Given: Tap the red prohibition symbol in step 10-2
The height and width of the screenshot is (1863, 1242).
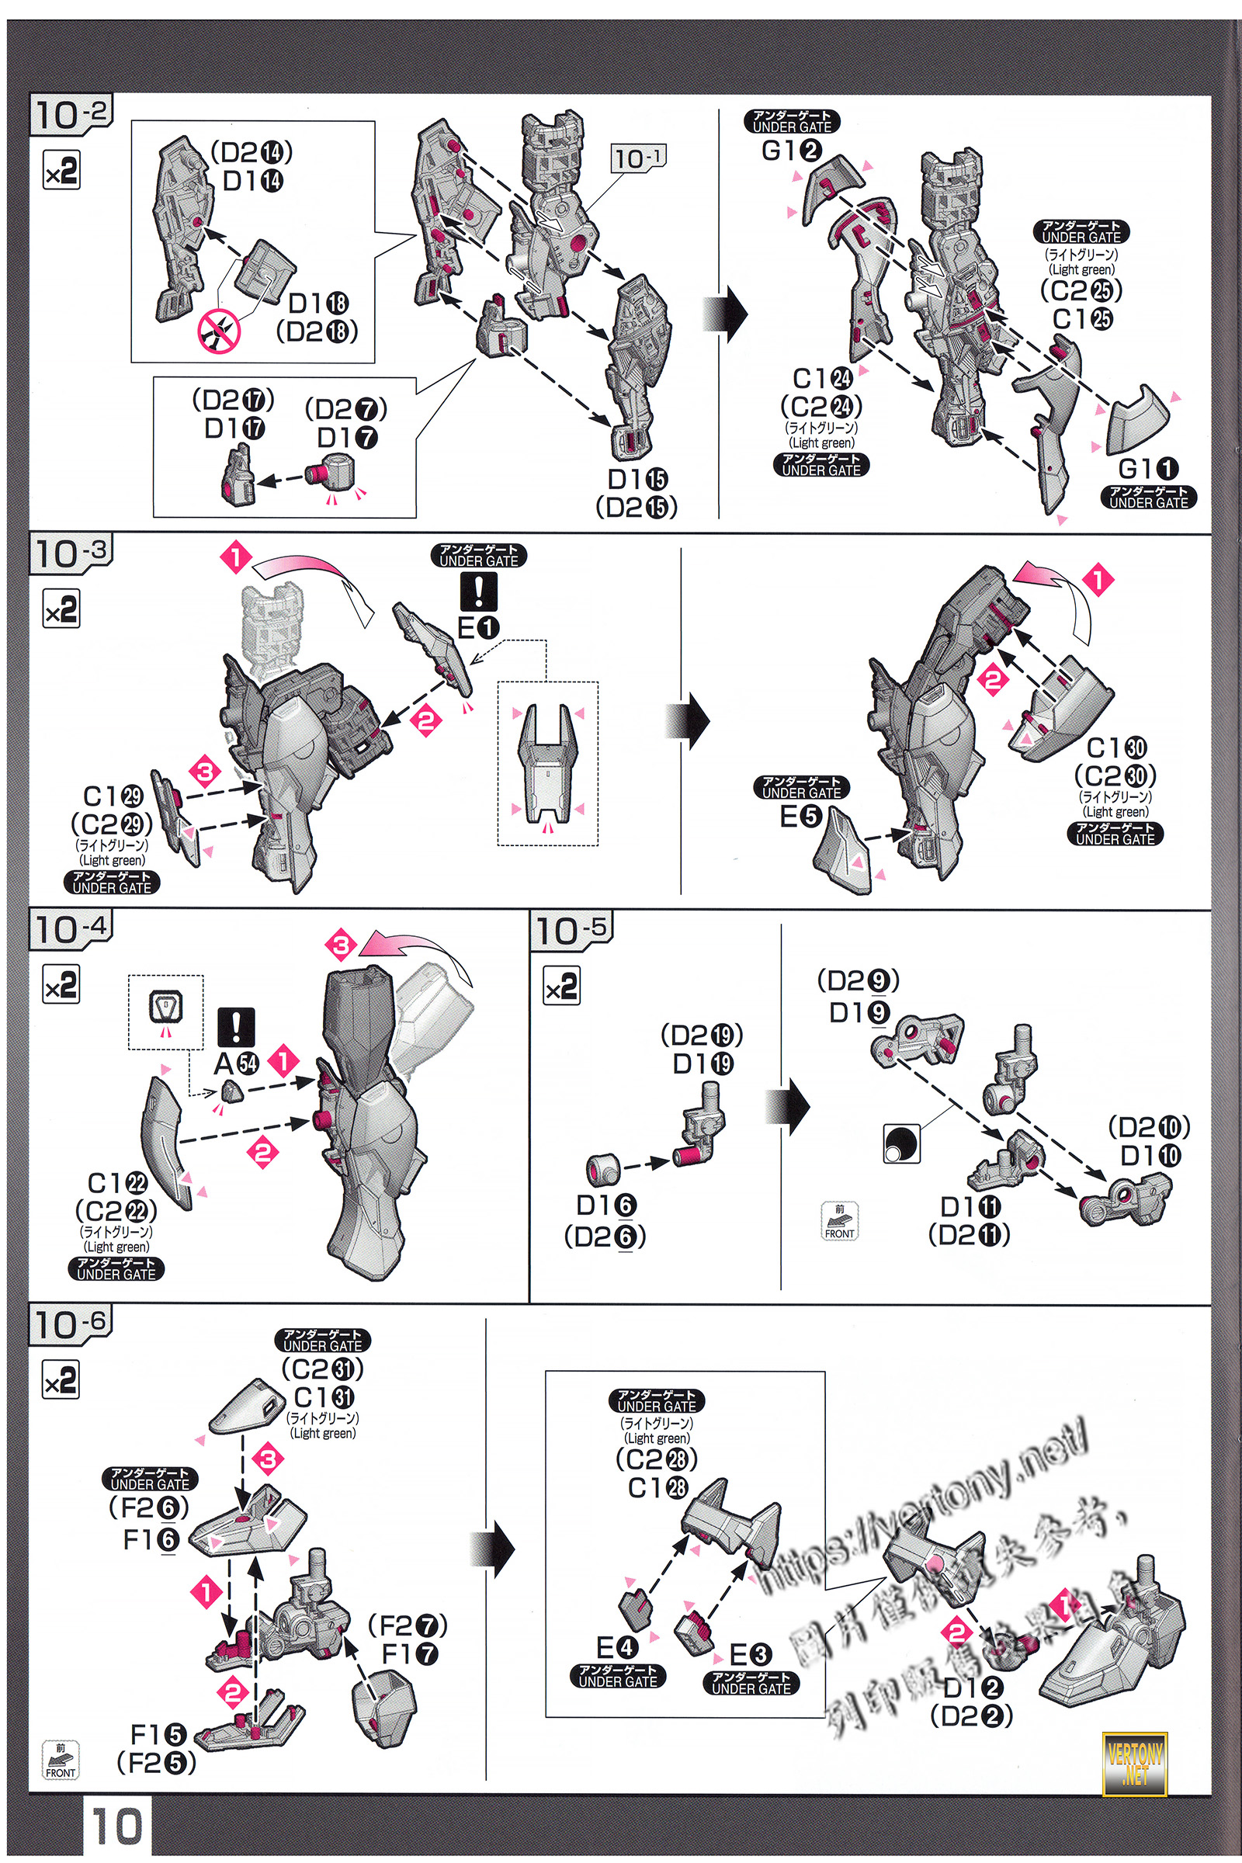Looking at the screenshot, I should coord(219,331).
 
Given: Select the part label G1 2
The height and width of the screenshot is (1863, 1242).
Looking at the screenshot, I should coord(791,150).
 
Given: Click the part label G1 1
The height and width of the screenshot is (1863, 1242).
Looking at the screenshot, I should coord(1148,469).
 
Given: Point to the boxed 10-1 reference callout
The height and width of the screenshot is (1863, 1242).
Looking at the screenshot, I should coord(638,158).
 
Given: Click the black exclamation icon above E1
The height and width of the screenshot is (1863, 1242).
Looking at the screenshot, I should coord(478,591).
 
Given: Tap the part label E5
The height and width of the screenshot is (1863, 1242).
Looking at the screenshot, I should coord(801,816).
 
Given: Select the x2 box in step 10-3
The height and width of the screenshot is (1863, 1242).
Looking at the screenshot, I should coord(61,610).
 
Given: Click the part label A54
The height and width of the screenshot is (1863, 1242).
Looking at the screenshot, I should coord(236,1063).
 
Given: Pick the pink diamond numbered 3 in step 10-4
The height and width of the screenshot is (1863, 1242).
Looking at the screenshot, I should coord(342,945).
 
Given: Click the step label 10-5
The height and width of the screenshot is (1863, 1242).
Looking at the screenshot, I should coord(572,931).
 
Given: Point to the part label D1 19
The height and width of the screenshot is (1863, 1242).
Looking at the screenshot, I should coord(703,1063).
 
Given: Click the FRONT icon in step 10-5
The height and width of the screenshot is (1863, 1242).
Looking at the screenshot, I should coord(840,1221).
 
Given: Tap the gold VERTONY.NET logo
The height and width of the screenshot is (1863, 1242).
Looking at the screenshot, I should coord(1136,1763).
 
